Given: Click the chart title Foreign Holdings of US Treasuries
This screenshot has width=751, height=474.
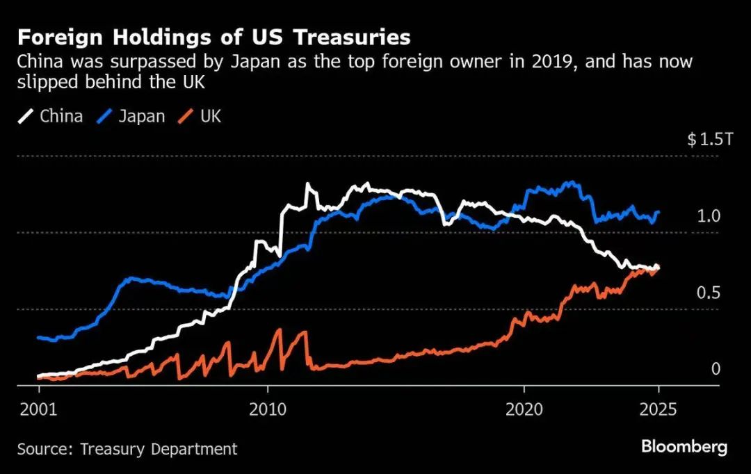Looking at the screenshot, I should pos(213,37).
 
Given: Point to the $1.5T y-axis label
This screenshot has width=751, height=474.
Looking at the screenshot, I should pos(710,140).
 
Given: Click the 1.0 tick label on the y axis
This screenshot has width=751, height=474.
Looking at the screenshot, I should pos(709,216).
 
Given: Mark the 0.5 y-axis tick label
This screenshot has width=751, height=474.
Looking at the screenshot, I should pos(709,293).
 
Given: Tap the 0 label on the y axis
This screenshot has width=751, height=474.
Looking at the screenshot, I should pos(716,369).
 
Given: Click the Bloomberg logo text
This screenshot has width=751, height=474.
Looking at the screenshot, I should pos(684,447).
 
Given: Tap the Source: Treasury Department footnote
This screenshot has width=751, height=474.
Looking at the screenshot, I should pos(127,449).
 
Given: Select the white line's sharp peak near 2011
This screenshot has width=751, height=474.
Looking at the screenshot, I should pos(307,184).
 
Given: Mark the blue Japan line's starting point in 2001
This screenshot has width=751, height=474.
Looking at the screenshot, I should pos(38,338).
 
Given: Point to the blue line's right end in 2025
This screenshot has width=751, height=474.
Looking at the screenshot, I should pos(659,212).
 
